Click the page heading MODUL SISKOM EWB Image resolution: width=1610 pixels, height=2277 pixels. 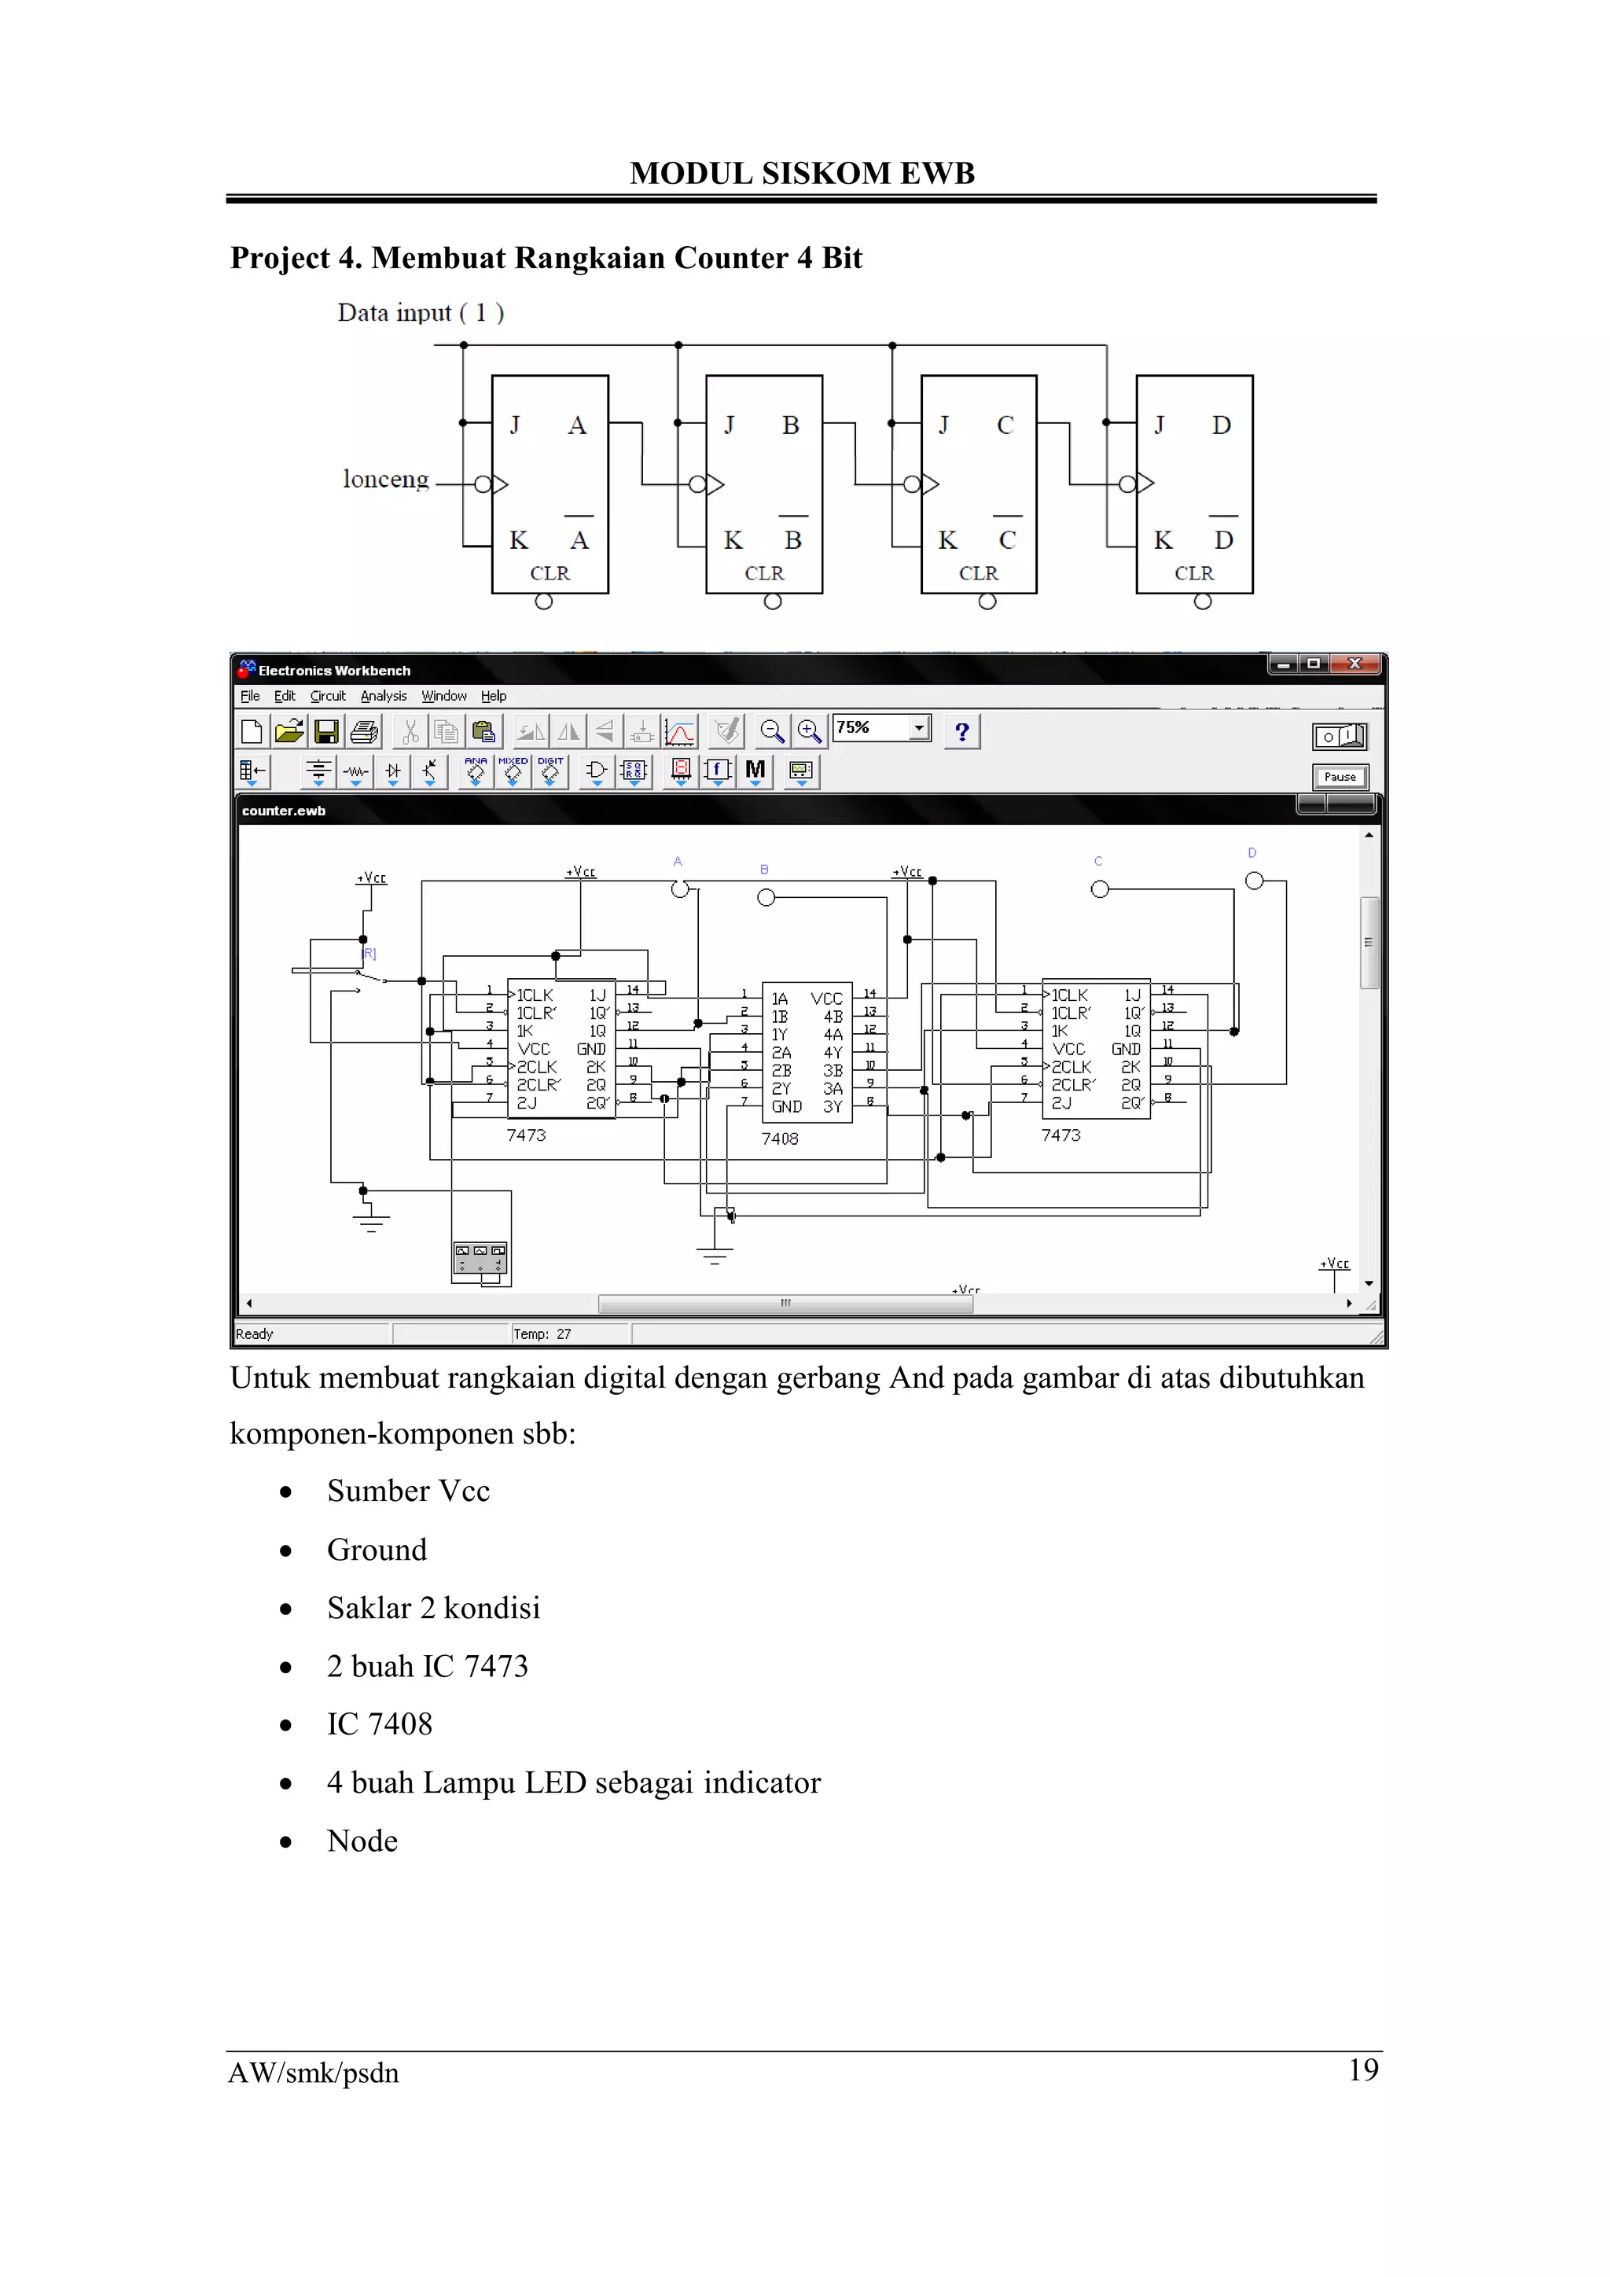pyautogui.click(x=802, y=174)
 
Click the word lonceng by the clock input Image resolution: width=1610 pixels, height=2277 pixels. pyautogui.click(x=386, y=480)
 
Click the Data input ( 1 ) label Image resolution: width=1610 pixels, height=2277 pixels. pyautogui.click(x=421, y=314)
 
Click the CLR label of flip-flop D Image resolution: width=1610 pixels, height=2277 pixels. pyautogui.click(x=1193, y=574)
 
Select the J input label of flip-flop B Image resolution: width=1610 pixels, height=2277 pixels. pyautogui.click(x=730, y=425)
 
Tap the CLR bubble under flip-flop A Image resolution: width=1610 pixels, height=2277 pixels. pyautogui.click(x=543, y=602)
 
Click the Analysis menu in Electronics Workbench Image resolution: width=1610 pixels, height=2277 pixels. pyautogui.click(x=384, y=696)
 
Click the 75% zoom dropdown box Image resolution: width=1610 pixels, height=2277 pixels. pyautogui.click(x=880, y=728)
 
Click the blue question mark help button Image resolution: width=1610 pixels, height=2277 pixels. pyautogui.click(x=961, y=732)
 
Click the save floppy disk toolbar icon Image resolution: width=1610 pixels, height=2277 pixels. pyautogui.click(x=326, y=732)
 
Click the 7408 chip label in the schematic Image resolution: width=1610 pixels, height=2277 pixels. pyautogui.click(x=780, y=1138)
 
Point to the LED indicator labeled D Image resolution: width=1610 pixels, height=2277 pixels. pyautogui.click(x=1254, y=881)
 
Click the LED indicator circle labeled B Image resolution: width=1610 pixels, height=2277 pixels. pyautogui.click(x=766, y=897)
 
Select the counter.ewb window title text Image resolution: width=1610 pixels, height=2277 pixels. pyautogui.click(x=284, y=811)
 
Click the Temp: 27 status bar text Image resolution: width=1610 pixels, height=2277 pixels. pyautogui.click(x=542, y=1333)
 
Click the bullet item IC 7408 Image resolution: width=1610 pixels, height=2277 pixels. pyautogui.click(x=380, y=1724)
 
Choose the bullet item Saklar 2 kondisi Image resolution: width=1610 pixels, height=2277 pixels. pyautogui.click(x=433, y=1608)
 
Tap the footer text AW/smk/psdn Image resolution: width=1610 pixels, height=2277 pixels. pyautogui.click(x=314, y=2073)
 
